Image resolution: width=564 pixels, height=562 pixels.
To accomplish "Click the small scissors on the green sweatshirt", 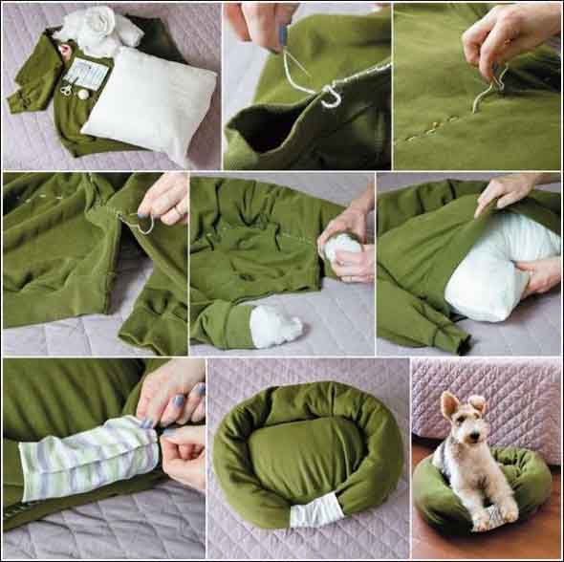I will (66, 89).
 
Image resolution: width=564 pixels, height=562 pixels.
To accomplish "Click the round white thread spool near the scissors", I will (83, 94).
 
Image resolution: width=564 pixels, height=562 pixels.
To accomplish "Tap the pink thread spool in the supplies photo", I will (64, 54).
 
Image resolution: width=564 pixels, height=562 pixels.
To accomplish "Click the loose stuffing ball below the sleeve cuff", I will (275, 326).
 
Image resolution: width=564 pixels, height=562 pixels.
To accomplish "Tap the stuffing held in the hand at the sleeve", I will (342, 247).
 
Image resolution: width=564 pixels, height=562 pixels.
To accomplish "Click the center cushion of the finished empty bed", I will (306, 447).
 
